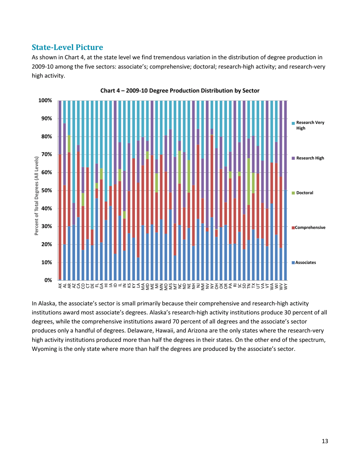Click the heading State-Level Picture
click(x=67, y=47)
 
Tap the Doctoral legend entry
click(x=306, y=193)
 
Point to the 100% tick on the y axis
click(x=45, y=100)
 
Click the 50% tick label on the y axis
click(x=46, y=191)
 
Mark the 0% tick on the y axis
click(x=48, y=280)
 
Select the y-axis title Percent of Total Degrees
click(x=37, y=190)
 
